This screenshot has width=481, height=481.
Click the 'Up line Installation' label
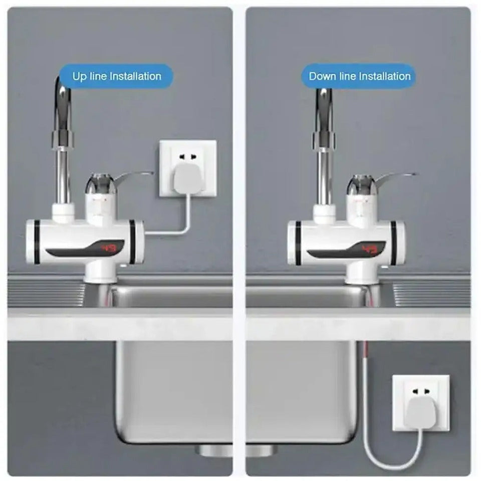(x=116, y=77)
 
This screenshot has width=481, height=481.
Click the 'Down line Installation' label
(x=359, y=77)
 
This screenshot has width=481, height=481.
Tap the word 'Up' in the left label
(x=80, y=77)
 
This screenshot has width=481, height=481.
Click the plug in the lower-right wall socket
(x=420, y=411)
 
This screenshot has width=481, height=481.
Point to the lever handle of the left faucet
(x=134, y=176)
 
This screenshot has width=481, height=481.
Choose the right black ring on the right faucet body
(x=393, y=243)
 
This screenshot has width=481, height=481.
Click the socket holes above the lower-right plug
(x=420, y=391)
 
